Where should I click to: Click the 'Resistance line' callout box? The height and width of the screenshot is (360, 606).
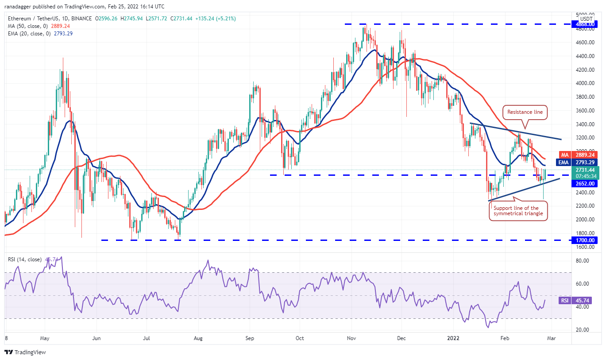[x=525, y=112]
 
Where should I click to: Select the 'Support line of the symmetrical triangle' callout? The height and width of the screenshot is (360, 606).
[x=518, y=211]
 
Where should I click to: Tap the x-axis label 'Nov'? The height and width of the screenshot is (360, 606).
[x=351, y=338]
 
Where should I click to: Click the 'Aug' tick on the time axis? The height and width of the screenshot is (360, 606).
[x=198, y=338]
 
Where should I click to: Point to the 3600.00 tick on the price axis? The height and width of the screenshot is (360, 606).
[x=585, y=111]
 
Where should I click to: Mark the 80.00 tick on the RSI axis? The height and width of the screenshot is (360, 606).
[x=585, y=261]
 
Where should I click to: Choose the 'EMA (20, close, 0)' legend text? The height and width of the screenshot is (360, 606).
[x=27, y=33]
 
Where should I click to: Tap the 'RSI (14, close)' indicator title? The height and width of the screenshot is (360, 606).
[x=25, y=259]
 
